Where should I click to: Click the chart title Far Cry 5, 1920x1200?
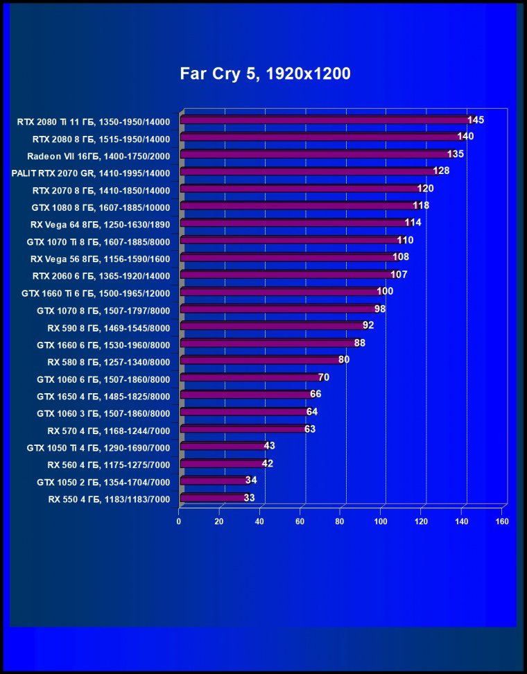click(266, 73)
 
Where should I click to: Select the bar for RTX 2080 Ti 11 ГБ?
click(325, 120)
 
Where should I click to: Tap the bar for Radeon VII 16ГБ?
click(314, 155)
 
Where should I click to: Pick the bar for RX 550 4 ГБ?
click(214, 497)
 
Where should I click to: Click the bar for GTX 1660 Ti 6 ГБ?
click(279, 292)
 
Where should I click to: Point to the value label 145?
click(476, 120)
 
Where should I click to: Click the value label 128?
click(442, 171)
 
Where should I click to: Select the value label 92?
click(369, 325)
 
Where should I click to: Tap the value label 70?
click(324, 377)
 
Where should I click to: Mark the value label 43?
click(270, 445)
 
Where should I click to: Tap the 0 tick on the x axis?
click(179, 521)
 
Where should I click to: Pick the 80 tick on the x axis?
click(340, 521)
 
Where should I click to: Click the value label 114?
click(413, 223)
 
